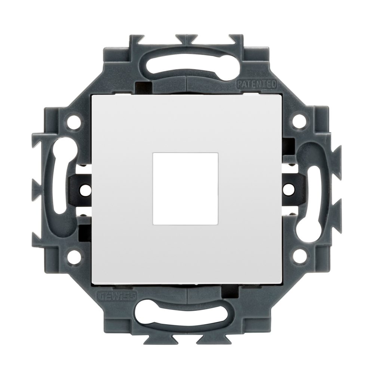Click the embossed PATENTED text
coord(256,84)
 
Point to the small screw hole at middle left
coord(86,189)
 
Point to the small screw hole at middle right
coord(287,189)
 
